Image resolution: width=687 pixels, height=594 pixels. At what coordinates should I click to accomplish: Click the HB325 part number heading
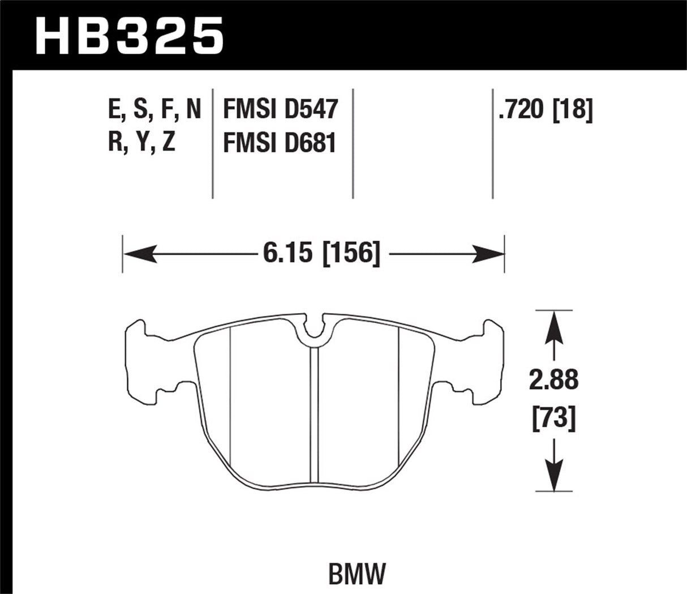click(x=129, y=35)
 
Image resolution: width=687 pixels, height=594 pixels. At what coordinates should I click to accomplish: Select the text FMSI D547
click(x=280, y=109)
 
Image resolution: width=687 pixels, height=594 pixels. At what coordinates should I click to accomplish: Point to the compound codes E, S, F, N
click(x=154, y=109)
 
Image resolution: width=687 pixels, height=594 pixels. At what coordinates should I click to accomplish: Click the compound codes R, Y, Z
click(x=141, y=142)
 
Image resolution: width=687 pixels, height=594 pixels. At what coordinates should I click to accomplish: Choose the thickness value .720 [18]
click(x=545, y=109)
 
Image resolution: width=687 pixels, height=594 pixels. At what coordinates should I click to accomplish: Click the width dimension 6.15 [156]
click(x=320, y=253)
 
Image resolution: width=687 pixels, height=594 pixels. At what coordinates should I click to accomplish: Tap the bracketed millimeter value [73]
click(x=553, y=418)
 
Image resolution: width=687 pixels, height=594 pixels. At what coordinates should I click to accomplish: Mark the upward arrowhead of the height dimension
click(x=553, y=328)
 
